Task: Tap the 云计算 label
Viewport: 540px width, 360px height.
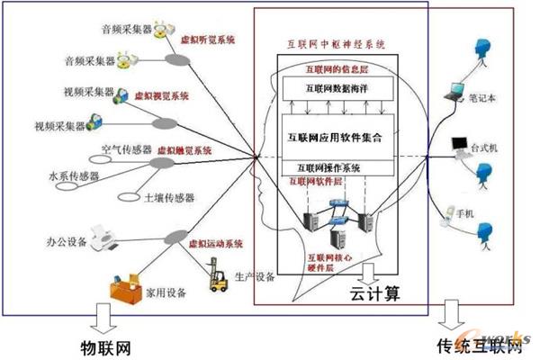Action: (x=373, y=293)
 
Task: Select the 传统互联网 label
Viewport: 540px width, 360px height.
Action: (x=478, y=345)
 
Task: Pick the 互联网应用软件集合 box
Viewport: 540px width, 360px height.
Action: (x=337, y=138)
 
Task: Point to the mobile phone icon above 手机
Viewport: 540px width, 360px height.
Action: (x=450, y=213)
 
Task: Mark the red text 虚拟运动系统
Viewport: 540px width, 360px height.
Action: (x=213, y=244)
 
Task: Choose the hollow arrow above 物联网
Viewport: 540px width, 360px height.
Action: (x=101, y=318)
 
